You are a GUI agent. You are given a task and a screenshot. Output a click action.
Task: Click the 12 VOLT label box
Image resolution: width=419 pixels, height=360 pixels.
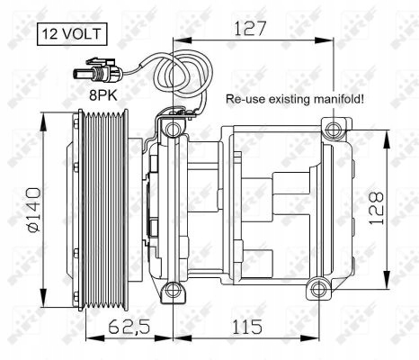[70, 36]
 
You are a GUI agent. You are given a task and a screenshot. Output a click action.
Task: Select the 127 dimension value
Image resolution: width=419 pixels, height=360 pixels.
[250, 29]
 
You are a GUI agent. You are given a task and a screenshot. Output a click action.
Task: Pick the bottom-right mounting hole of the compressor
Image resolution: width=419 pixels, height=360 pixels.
[316, 290]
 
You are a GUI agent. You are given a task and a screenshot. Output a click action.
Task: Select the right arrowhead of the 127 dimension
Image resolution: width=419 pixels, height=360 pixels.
[330, 42]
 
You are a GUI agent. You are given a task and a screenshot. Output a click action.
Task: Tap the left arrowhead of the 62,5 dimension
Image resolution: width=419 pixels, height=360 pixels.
[91, 335]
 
